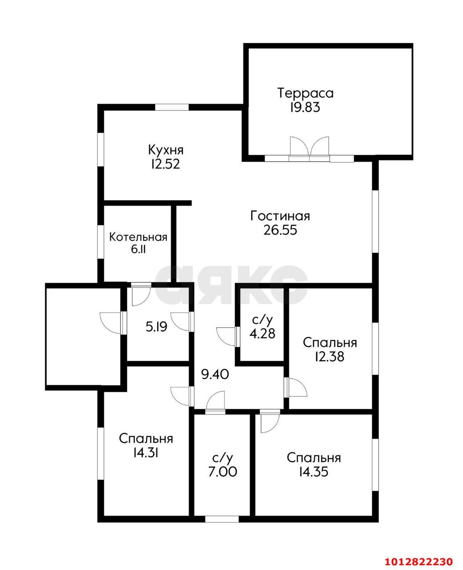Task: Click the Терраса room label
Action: click(306, 94)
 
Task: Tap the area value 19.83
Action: click(305, 107)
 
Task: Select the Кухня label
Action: click(166, 150)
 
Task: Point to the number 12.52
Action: click(165, 164)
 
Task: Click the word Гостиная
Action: click(280, 216)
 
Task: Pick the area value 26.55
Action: click(280, 230)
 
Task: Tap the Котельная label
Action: click(138, 237)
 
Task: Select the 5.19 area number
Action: click(157, 327)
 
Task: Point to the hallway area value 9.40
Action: click(215, 375)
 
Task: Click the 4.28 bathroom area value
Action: click(262, 334)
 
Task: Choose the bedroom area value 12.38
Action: click(330, 356)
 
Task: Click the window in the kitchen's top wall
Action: click(172, 107)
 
